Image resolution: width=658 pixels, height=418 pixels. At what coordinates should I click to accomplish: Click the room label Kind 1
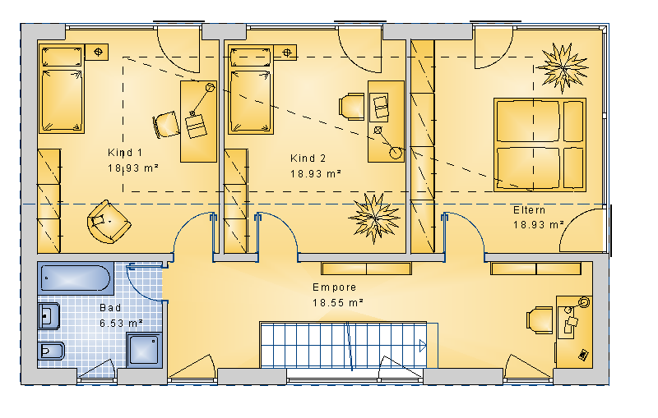click(x=125, y=153)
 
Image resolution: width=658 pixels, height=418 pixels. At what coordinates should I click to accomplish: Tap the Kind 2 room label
click(x=308, y=158)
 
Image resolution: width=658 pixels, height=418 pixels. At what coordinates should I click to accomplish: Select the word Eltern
click(x=529, y=210)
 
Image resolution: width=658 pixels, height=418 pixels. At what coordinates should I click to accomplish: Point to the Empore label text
click(x=335, y=287)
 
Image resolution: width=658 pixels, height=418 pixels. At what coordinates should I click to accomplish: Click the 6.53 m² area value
click(x=121, y=324)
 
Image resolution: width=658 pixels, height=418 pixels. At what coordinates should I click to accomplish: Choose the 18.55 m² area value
click(x=338, y=302)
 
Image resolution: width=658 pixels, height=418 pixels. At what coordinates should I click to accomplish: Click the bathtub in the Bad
click(x=76, y=278)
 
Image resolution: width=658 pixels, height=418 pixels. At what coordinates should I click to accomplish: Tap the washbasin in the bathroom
click(x=49, y=316)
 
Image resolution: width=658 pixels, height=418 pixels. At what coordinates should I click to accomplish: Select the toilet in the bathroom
click(x=51, y=351)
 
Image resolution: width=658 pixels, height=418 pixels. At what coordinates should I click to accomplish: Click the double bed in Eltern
click(x=540, y=145)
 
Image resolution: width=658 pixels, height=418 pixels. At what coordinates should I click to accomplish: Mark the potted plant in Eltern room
click(x=563, y=68)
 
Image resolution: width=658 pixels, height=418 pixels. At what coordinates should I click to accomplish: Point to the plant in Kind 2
click(x=374, y=218)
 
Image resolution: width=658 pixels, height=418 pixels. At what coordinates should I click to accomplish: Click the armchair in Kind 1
click(x=109, y=222)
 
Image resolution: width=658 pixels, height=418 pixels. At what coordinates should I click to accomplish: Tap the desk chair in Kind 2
click(x=352, y=107)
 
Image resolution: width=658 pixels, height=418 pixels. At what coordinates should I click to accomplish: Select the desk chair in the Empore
click(x=540, y=320)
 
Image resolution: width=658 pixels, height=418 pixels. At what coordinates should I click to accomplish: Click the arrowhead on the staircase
click(x=423, y=346)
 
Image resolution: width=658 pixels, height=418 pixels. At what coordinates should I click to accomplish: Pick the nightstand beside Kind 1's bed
click(x=97, y=53)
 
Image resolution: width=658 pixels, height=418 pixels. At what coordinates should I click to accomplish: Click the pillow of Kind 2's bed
click(x=250, y=57)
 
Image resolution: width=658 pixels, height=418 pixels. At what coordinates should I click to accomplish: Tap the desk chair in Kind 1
click(x=166, y=124)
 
